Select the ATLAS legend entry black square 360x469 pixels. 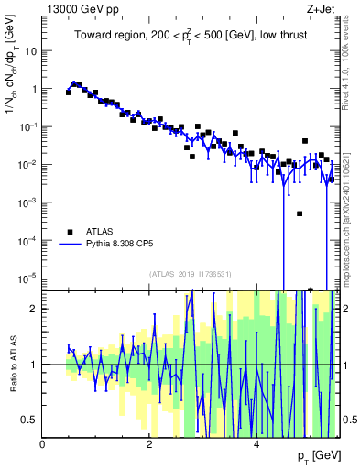[x=69, y=232]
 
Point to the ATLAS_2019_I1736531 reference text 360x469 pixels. [x=191, y=274]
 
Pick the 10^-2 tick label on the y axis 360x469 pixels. [x=27, y=164]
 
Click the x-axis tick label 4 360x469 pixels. [x=256, y=444]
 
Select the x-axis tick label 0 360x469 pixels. [x=43, y=444]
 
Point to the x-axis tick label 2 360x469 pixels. [x=149, y=444]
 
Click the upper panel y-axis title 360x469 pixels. [x=12, y=94]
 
